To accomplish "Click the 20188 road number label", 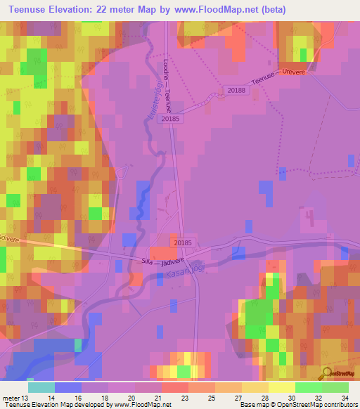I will (237, 89).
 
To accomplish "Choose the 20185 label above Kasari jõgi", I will (182, 242).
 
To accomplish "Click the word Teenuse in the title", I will (33, 10).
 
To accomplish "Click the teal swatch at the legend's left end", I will (41, 387).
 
